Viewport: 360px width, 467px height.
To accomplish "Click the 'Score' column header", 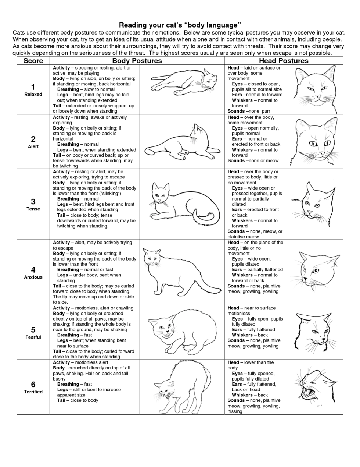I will [x=33, y=61].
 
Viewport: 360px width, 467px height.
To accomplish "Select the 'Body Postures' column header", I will [x=137, y=61].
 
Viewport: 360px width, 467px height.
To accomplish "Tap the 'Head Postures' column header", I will [x=284, y=61].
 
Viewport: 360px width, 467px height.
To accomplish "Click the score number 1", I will [x=33, y=87].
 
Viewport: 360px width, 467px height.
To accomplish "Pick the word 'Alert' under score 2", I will [x=33, y=146].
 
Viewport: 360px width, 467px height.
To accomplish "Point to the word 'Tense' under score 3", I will [x=33, y=209].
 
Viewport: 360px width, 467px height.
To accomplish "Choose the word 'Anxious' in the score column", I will [x=33, y=277].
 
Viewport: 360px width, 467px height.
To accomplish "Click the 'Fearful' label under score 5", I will [x=33, y=337].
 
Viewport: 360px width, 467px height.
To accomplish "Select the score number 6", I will [x=33, y=385].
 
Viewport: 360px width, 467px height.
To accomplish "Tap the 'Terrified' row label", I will [x=33, y=392].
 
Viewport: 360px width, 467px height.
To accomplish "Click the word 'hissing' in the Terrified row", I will [x=235, y=411].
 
